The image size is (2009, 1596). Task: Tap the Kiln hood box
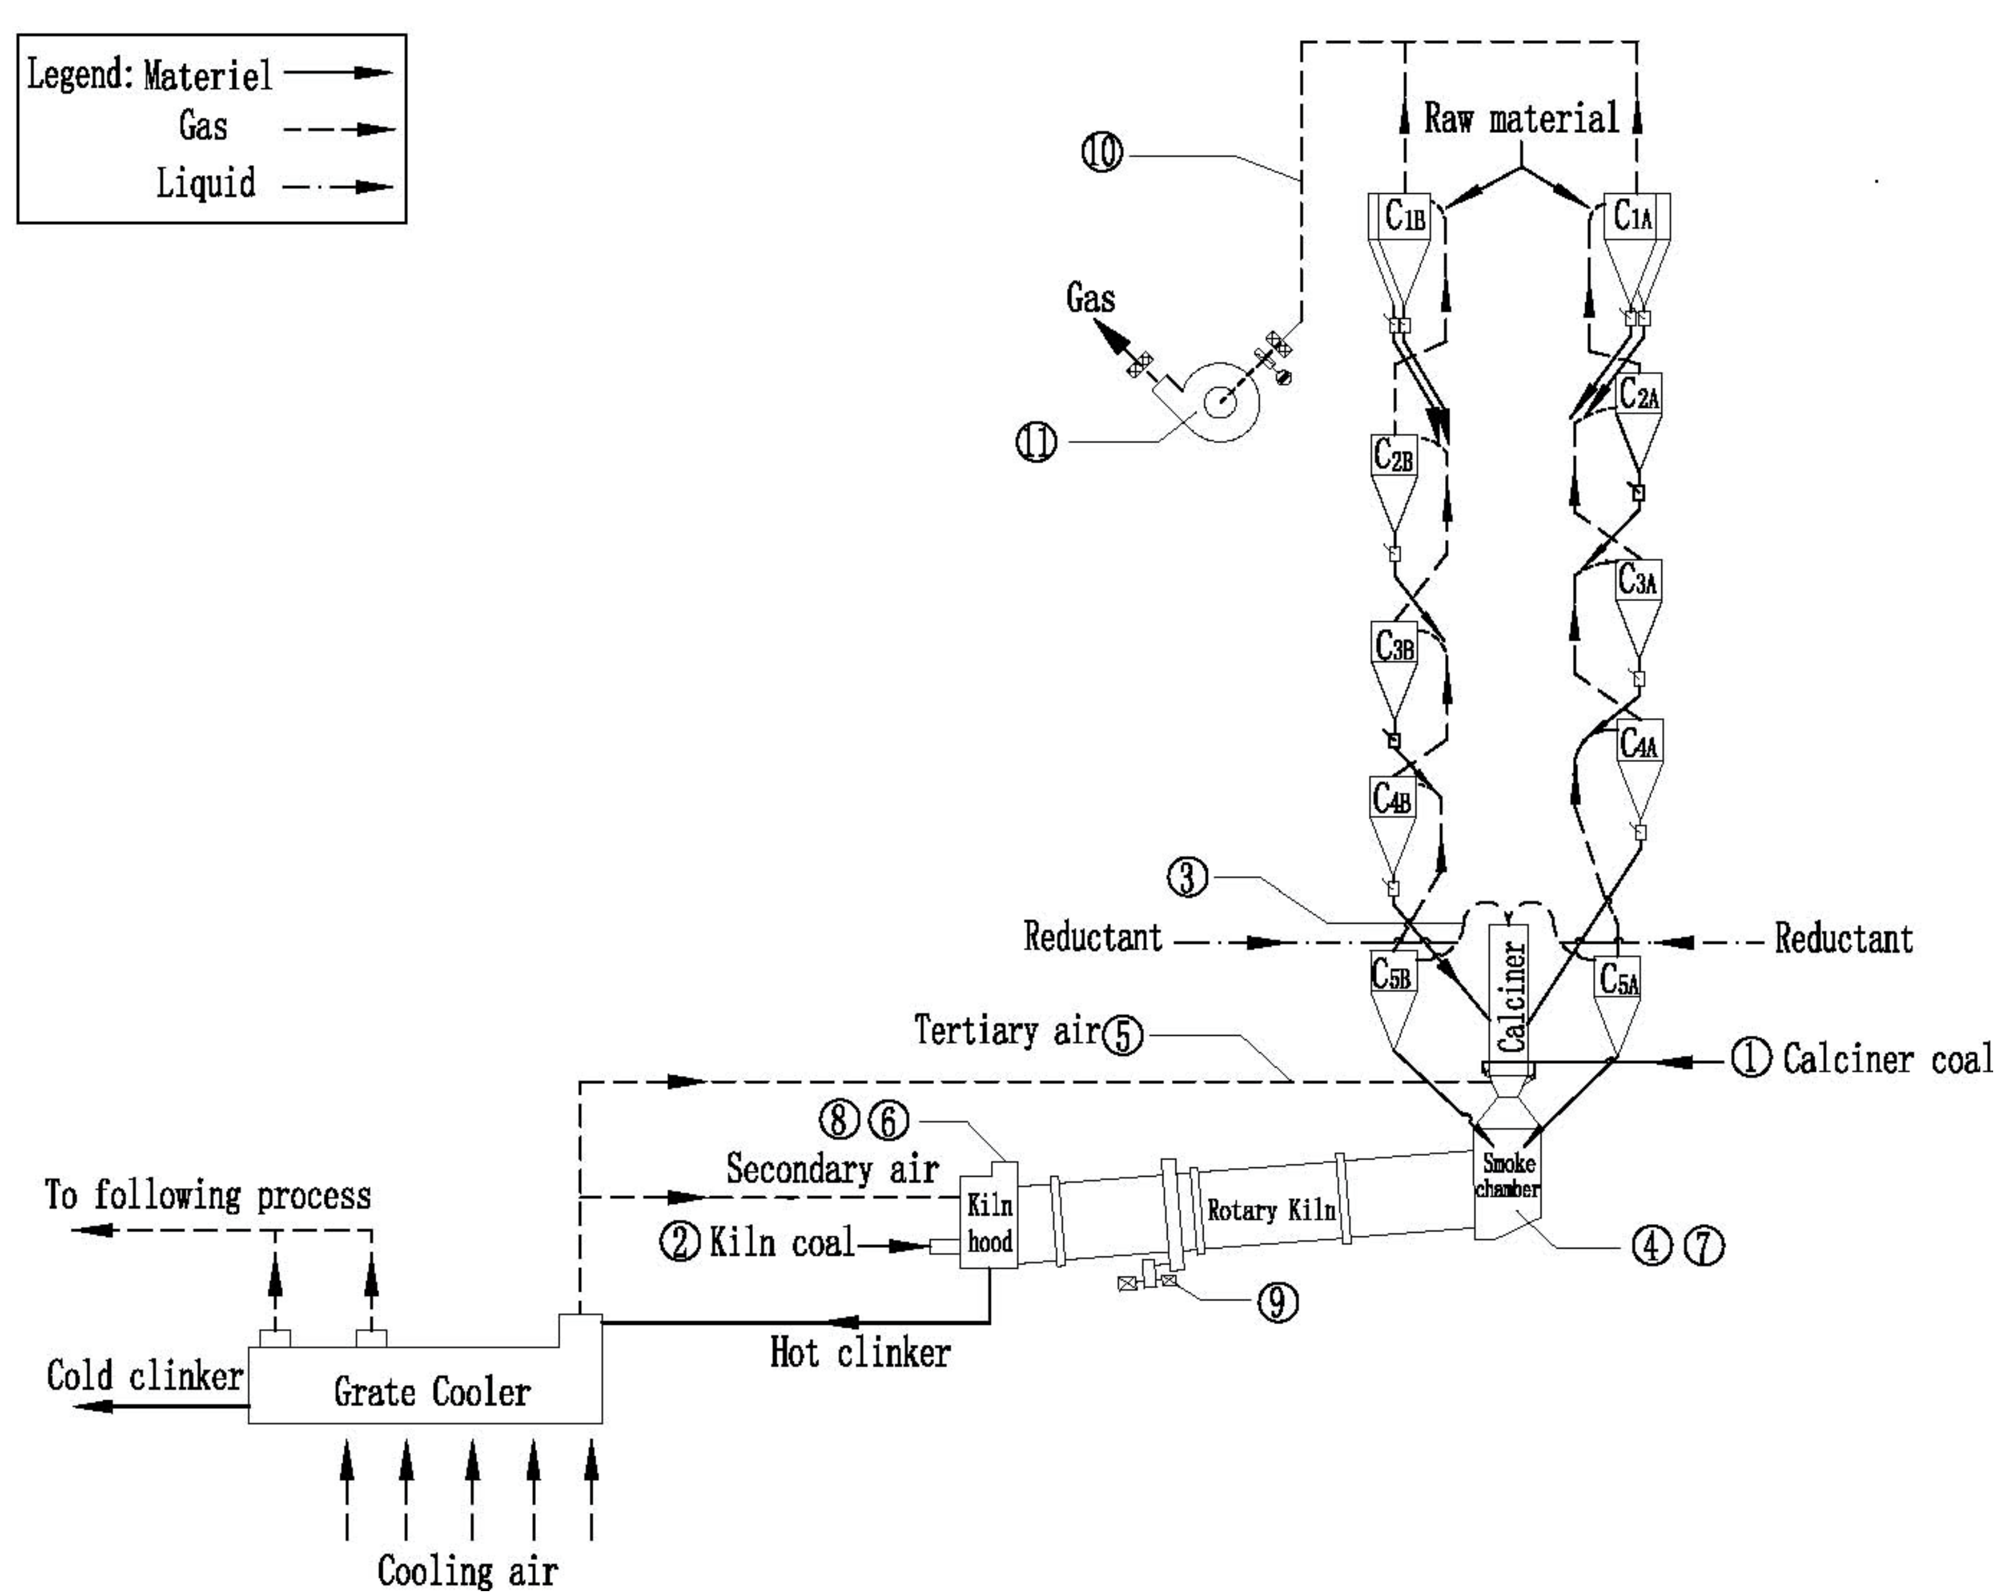coord(989,1224)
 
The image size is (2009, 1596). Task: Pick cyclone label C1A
coord(1633,216)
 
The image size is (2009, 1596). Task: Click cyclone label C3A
coord(1637,582)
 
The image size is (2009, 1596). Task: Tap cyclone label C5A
coord(1619,979)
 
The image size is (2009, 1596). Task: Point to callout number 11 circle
coord(1036,441)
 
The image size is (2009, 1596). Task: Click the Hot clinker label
coord(859,1353)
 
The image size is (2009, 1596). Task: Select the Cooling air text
coord(467,1571)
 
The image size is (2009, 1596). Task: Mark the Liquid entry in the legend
coord(205,183)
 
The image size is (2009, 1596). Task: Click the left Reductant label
coord(1092,936)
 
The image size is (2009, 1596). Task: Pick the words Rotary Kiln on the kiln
coord(1271,1211)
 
